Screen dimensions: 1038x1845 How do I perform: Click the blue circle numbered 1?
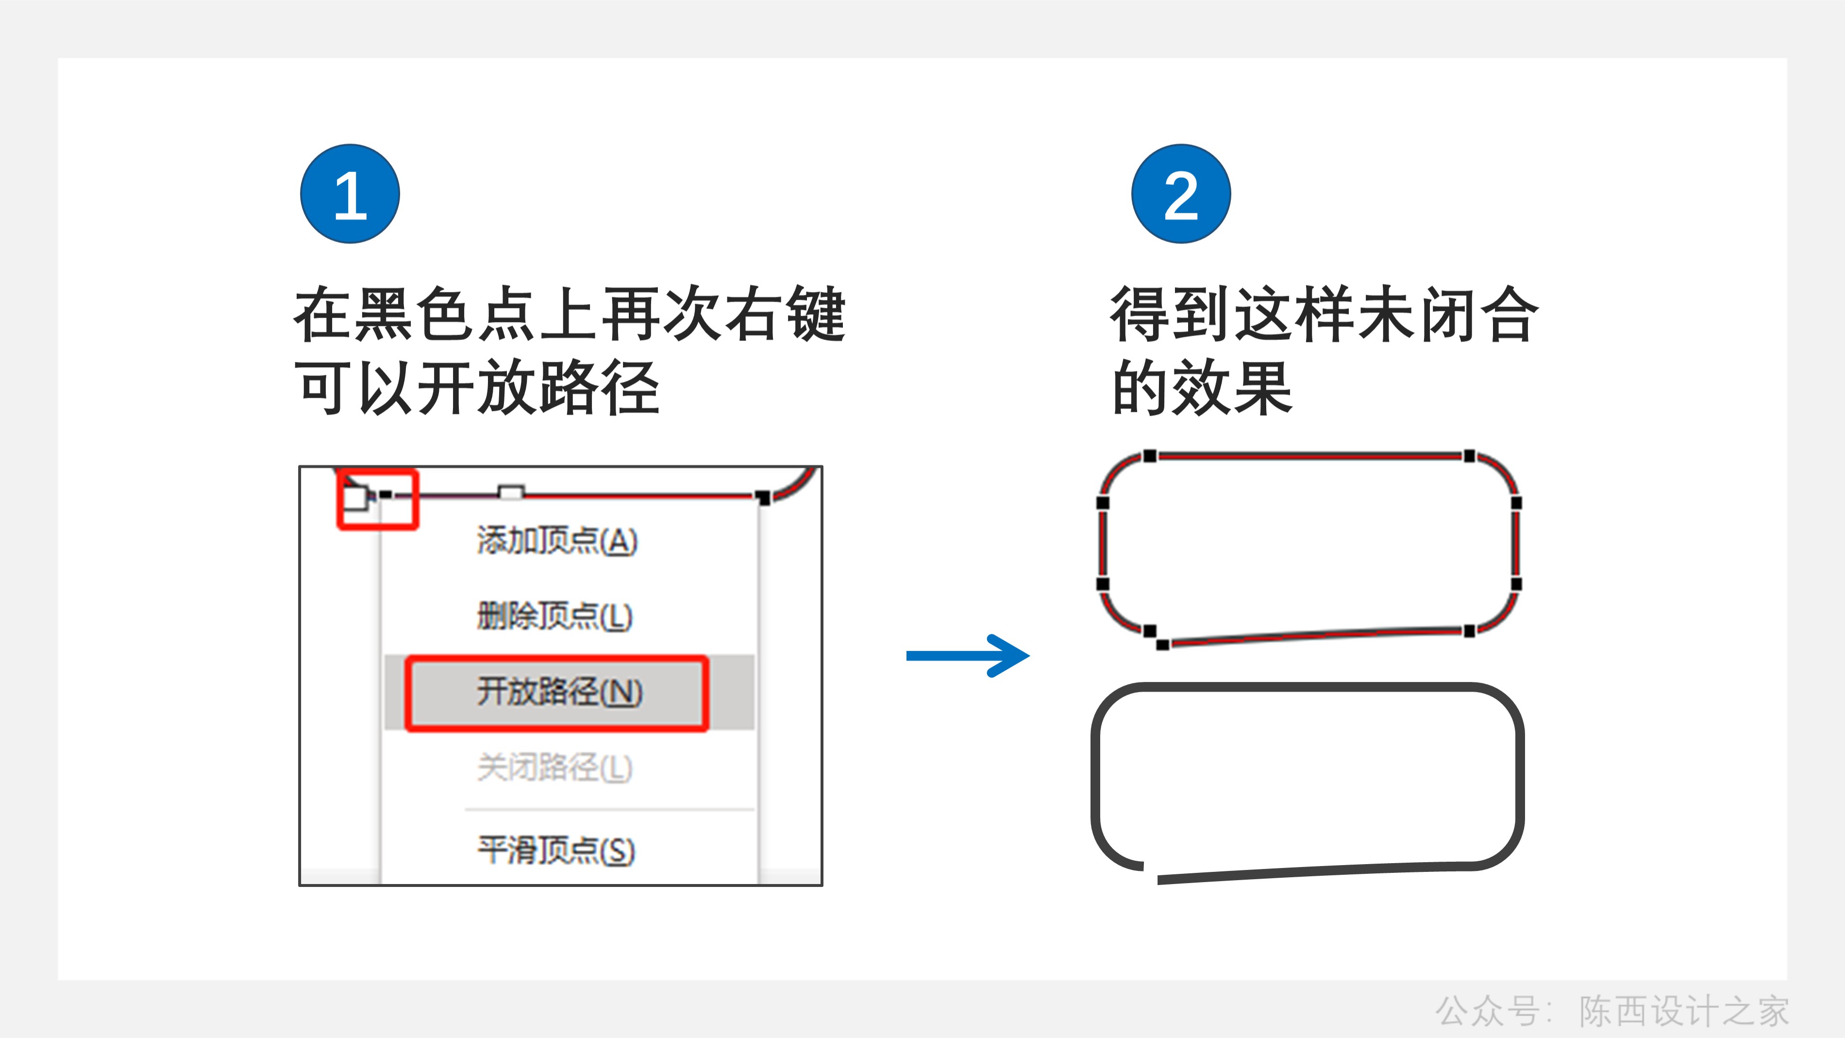350,194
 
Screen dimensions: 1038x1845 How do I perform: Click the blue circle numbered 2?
1181,194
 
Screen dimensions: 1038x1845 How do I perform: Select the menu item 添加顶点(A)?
556,540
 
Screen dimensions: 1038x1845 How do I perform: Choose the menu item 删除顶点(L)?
554,616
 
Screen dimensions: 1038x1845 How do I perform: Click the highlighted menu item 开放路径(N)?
559,692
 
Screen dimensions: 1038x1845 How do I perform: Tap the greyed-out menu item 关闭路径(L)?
554,768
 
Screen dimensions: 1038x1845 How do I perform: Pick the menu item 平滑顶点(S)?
556,851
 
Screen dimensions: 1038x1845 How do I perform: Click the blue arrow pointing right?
967,655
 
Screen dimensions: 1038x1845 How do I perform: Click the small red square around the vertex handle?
377,499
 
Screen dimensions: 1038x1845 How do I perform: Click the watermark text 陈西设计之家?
1683,1011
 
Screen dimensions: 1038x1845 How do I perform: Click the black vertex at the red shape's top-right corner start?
1469,456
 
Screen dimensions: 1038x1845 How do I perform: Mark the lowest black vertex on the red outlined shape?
1162,645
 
